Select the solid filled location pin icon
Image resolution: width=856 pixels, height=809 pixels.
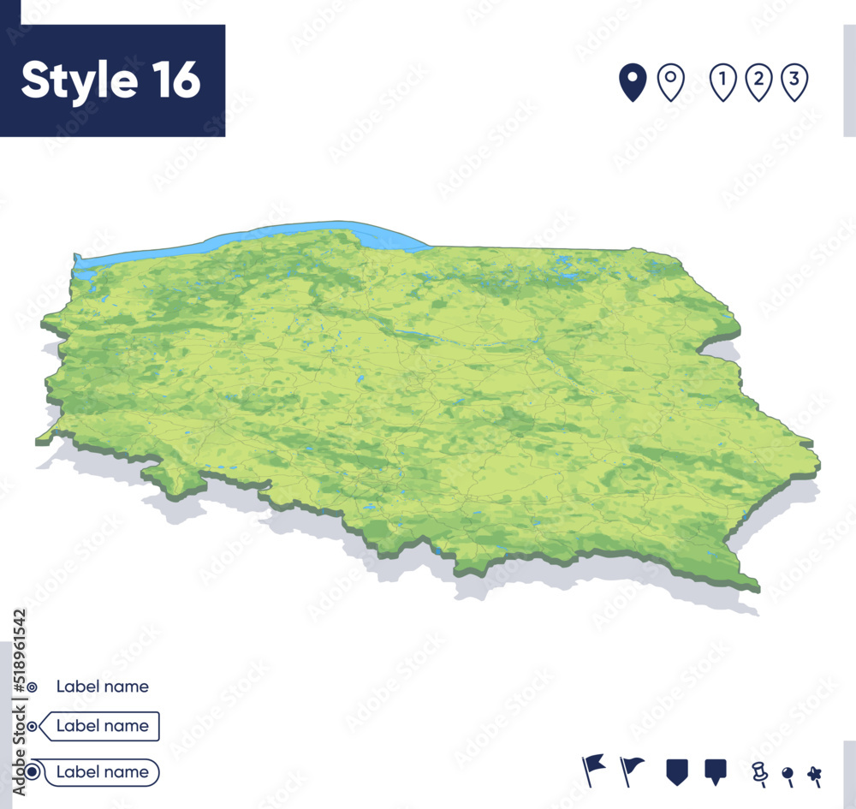pos(633,83)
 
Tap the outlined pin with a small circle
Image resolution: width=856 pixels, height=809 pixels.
pos(670,82)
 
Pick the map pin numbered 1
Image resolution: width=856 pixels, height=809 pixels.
pos(723,83)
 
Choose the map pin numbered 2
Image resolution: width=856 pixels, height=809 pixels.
pos(759,83)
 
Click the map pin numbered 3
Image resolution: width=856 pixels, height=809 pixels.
pos(795,83)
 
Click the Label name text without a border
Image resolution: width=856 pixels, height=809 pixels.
pos(102,687)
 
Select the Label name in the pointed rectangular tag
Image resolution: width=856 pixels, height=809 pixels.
pos(102,726)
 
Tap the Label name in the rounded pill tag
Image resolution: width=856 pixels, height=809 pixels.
pos(102,772)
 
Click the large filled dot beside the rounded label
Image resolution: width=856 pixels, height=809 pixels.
pos(32,772)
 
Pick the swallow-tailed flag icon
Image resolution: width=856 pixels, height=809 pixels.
pos(592,768)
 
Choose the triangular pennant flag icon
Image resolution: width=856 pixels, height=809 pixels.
pos(632,768)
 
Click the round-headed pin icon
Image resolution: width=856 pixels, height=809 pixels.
pos(788,776)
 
